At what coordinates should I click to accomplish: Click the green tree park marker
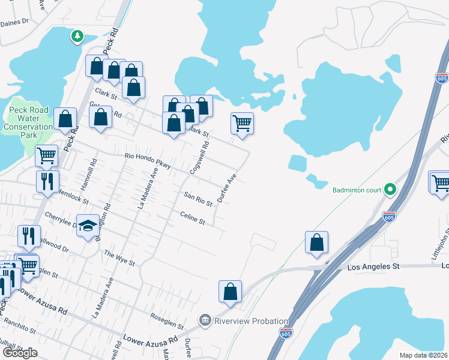click(x=77, y=37)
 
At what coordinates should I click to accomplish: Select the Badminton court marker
click(x=390, y=190)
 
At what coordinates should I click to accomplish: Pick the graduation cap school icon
click(x=88, y=226)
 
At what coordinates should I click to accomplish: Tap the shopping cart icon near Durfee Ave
click(x=242, y=123)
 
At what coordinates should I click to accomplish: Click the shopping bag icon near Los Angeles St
click(x=316, y=242)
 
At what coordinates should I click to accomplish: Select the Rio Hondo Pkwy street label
click(x=148, y=160)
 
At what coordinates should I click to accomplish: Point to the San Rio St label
click(x=198, y=199)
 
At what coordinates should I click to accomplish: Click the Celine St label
click(x=193, y=218)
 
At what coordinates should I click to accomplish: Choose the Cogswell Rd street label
click(x=198, y=158)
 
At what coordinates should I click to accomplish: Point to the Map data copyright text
click(x=423, y=355)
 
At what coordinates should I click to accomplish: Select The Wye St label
click(x=119, y=259)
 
